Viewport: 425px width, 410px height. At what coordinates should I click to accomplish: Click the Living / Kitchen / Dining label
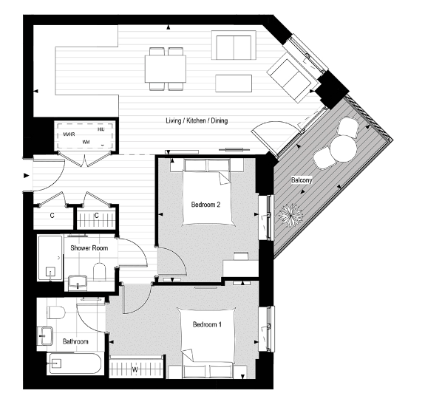tap(196, 120)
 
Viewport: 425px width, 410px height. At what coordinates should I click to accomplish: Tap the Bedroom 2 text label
tap(206, 204)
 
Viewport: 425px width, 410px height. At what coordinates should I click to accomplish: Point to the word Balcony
tap(301, 180)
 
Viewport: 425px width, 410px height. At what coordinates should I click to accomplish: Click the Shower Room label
tap(89, 247)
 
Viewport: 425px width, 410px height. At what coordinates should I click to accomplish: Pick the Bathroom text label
tap(75, 341)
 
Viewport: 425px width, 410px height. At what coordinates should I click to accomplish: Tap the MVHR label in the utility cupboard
tap(70, 134)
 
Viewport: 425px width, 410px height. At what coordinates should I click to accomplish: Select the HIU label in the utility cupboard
tap(101, 129)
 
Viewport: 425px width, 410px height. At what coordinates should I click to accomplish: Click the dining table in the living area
tap(166, 69)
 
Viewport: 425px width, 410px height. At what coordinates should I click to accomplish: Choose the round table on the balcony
tap(342, 149)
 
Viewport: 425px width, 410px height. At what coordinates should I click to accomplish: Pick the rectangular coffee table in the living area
tap(233, 82)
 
